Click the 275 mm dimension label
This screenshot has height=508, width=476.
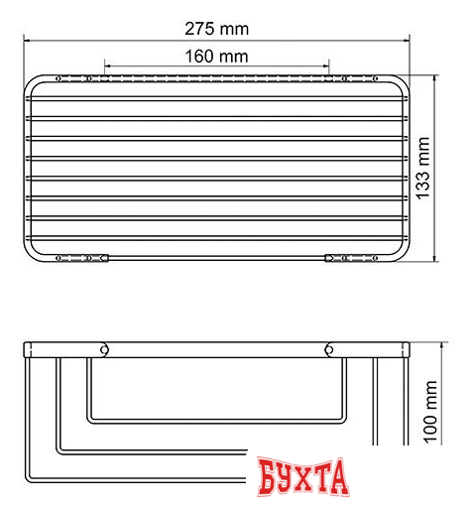click(x=216, y=27)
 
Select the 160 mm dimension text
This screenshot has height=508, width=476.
click(x=216, y=56)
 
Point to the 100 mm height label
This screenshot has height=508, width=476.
click(x=429, y=413)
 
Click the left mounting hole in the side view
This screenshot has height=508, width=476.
click(x=102, y=348)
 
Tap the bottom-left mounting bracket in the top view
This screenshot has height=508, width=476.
click(x=83, y=258)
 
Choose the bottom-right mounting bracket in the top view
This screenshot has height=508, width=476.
click(x=349, y=258)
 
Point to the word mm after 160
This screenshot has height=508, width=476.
click(x=234, y=56)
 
